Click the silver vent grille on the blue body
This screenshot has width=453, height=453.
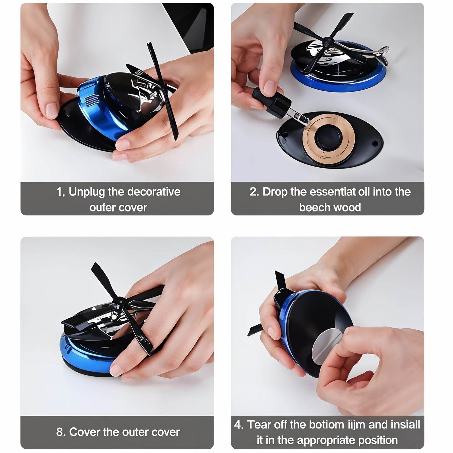(91, 100)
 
